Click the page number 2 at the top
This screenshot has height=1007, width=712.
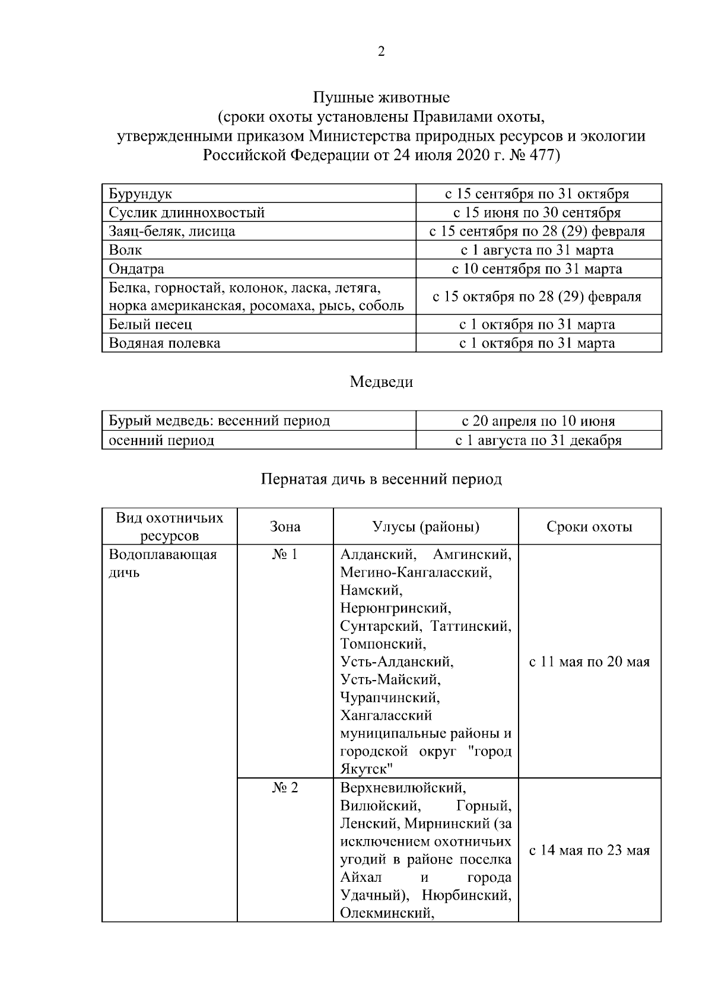[381, 52]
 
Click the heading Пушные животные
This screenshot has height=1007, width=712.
[381, 98]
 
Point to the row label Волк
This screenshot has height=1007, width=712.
[125, 250]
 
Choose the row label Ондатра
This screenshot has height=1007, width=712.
[136, 269]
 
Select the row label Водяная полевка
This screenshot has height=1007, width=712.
[164, 343]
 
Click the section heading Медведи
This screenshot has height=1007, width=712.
[381, 382]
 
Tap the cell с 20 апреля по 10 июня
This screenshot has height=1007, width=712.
[538, 421]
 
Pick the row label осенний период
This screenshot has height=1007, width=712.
[161, 440]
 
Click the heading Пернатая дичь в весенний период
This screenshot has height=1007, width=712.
[381, 479]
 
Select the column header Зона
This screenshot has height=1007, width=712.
[285, 527]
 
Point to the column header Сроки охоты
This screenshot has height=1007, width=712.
[589, 527]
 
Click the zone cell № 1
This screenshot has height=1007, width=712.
[285, 555]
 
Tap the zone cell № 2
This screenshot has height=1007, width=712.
[285, 788]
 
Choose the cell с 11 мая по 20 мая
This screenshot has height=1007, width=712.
[589, 662]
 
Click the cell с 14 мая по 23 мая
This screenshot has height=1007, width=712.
[589, 850]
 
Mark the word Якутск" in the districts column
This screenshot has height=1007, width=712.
[367, 770]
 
